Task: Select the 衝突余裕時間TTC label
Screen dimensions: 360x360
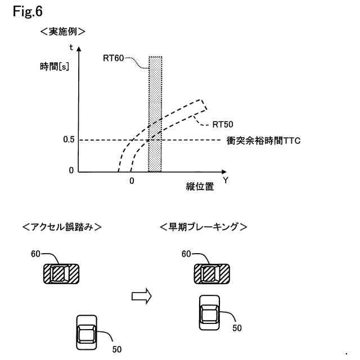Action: click(264, 141)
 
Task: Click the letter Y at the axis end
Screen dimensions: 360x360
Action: click(225, 181)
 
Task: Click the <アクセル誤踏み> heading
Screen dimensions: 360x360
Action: click(62, 227)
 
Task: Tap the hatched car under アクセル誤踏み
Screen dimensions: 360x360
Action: click(62, 274)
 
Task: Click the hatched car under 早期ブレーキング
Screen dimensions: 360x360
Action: click(211, 274)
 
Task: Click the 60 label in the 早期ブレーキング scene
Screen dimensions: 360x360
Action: click(187, 254)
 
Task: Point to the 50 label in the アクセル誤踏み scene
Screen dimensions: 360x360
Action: click(117, 349)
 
